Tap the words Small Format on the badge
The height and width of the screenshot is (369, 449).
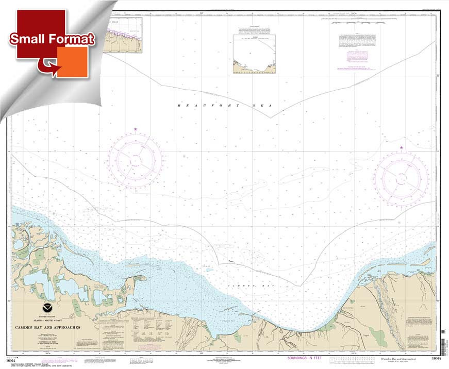52,39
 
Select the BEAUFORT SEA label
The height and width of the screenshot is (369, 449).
224,105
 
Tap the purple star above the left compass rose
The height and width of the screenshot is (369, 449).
136,129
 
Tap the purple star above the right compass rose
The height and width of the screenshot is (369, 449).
402,148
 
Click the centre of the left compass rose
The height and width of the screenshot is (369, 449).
135,160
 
